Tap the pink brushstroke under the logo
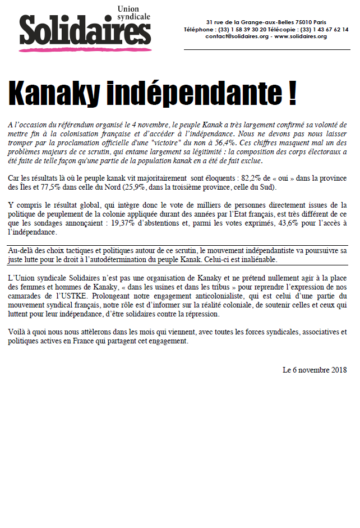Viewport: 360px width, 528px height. (x=84, y=50)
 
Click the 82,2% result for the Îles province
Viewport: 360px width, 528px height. (x=250, y=178)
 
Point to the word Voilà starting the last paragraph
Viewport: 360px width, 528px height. (x=17, y=332)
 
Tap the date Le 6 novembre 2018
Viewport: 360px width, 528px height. (x=315, y=370)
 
